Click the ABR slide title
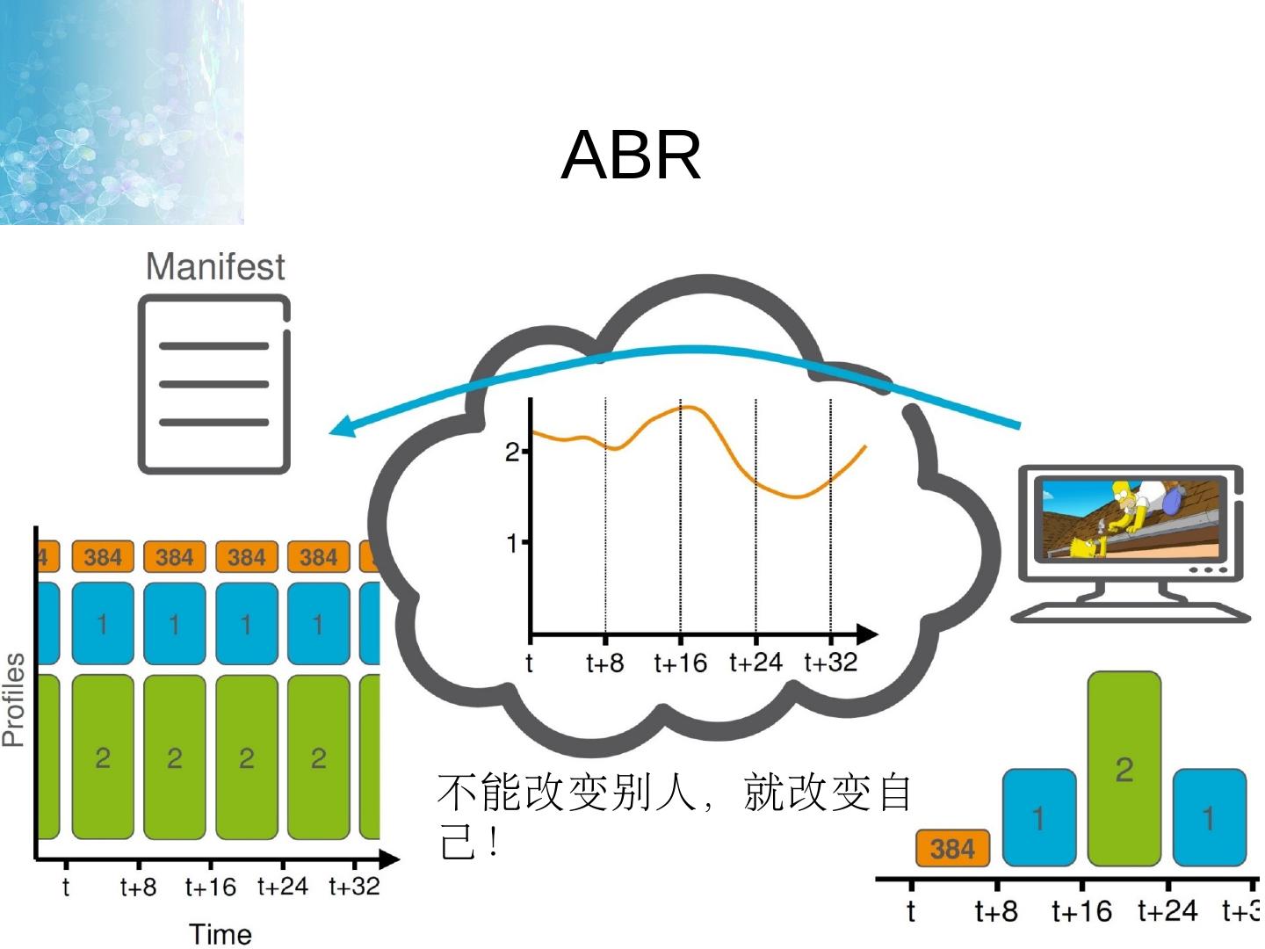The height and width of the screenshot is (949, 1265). [x=631, y=156]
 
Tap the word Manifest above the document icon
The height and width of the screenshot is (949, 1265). [x=215, y=266]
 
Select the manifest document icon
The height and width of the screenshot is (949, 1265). [x=213, y=385]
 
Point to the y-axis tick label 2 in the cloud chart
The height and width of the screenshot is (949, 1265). [x=512, y=452]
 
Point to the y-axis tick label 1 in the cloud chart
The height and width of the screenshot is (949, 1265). [x=512, y=543]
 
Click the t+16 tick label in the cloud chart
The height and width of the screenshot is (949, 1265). [x=680, y=663]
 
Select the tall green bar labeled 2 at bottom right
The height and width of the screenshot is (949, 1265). [x=1124, y=769]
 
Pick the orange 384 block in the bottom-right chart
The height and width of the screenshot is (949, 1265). [x=952, y=849]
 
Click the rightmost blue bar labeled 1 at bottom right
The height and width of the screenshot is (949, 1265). [x=1209, y=817]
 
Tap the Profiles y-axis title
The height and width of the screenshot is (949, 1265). [x=14, y=699]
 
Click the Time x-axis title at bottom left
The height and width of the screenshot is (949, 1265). [x=220, y=934]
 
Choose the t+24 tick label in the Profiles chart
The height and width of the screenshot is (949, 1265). [x=282, y=887]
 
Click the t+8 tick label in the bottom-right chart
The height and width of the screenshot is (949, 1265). [x=996, y=911]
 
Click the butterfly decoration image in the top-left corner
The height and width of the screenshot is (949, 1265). [x=121, y=112]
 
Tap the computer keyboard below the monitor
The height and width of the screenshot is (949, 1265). [x=1130, y=612]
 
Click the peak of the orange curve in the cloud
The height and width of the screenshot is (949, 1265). [x=690, y=407]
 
